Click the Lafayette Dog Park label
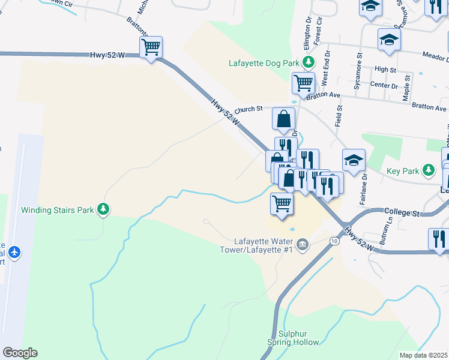pos(264,62)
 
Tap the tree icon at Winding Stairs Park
pos(104,209)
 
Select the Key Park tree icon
pos(428,171)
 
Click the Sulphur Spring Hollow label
pos(291,338)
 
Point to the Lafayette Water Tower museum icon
pos(303,243)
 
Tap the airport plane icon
pos(15,251)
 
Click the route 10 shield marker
pos(334,241)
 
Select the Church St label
pos(249,109)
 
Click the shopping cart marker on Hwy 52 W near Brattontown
pos(151,47)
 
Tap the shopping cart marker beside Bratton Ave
pos(303,83)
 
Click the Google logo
pos(20,353)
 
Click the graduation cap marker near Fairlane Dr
pos(354,160)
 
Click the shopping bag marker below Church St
pos(284,119)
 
